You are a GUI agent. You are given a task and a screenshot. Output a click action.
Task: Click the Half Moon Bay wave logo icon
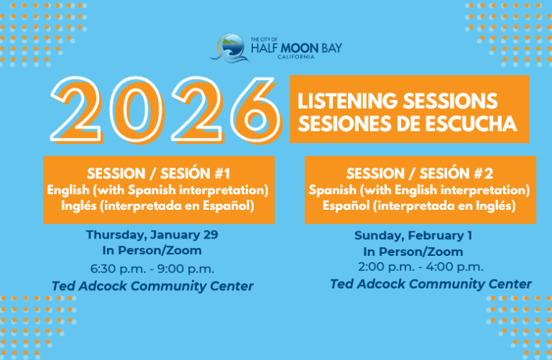(x=230, y=48)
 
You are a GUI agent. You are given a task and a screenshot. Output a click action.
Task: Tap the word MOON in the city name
(x=299, y=48)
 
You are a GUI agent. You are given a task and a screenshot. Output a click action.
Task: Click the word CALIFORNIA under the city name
(x=295, y=57)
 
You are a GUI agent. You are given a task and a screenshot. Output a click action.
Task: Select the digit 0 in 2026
(x=137, y=109)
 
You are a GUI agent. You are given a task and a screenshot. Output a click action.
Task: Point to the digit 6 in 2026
(x=257, y=109)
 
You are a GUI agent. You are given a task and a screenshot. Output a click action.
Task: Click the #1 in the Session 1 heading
(x=222, y=173)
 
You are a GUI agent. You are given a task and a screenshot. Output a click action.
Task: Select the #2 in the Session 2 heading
(x=483, y=173)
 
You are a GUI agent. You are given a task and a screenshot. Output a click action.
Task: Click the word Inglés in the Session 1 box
(x=78, y=206)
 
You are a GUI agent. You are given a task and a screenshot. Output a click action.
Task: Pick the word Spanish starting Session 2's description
(x=332, y=190)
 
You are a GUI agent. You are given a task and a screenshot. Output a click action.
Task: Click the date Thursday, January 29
(x=152, y=235)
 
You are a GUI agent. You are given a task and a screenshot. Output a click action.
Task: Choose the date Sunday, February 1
(x=413, y=236)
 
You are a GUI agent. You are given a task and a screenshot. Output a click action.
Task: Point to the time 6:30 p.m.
(x=118, y=269)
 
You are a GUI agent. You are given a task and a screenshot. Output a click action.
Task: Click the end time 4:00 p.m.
(x=454, y=267)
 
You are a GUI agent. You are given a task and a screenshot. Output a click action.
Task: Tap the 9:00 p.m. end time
(x=185, y=269)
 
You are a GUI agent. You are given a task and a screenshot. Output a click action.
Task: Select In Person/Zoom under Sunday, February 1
(x=413, y=251)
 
